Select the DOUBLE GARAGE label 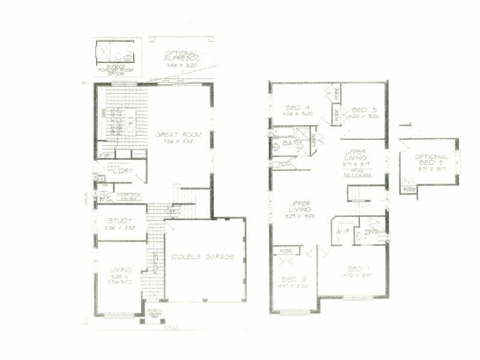203,257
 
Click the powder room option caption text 118,68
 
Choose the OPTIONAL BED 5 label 431,160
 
